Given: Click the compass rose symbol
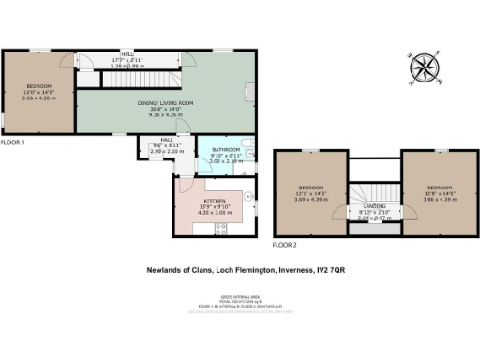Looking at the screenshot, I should coord(425,67).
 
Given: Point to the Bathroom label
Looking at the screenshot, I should coord(226,150).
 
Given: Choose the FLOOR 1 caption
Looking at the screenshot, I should coord(12,143).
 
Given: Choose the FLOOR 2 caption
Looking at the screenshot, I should coord(284,244).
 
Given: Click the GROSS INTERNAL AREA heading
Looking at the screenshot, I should coord(240,293).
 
